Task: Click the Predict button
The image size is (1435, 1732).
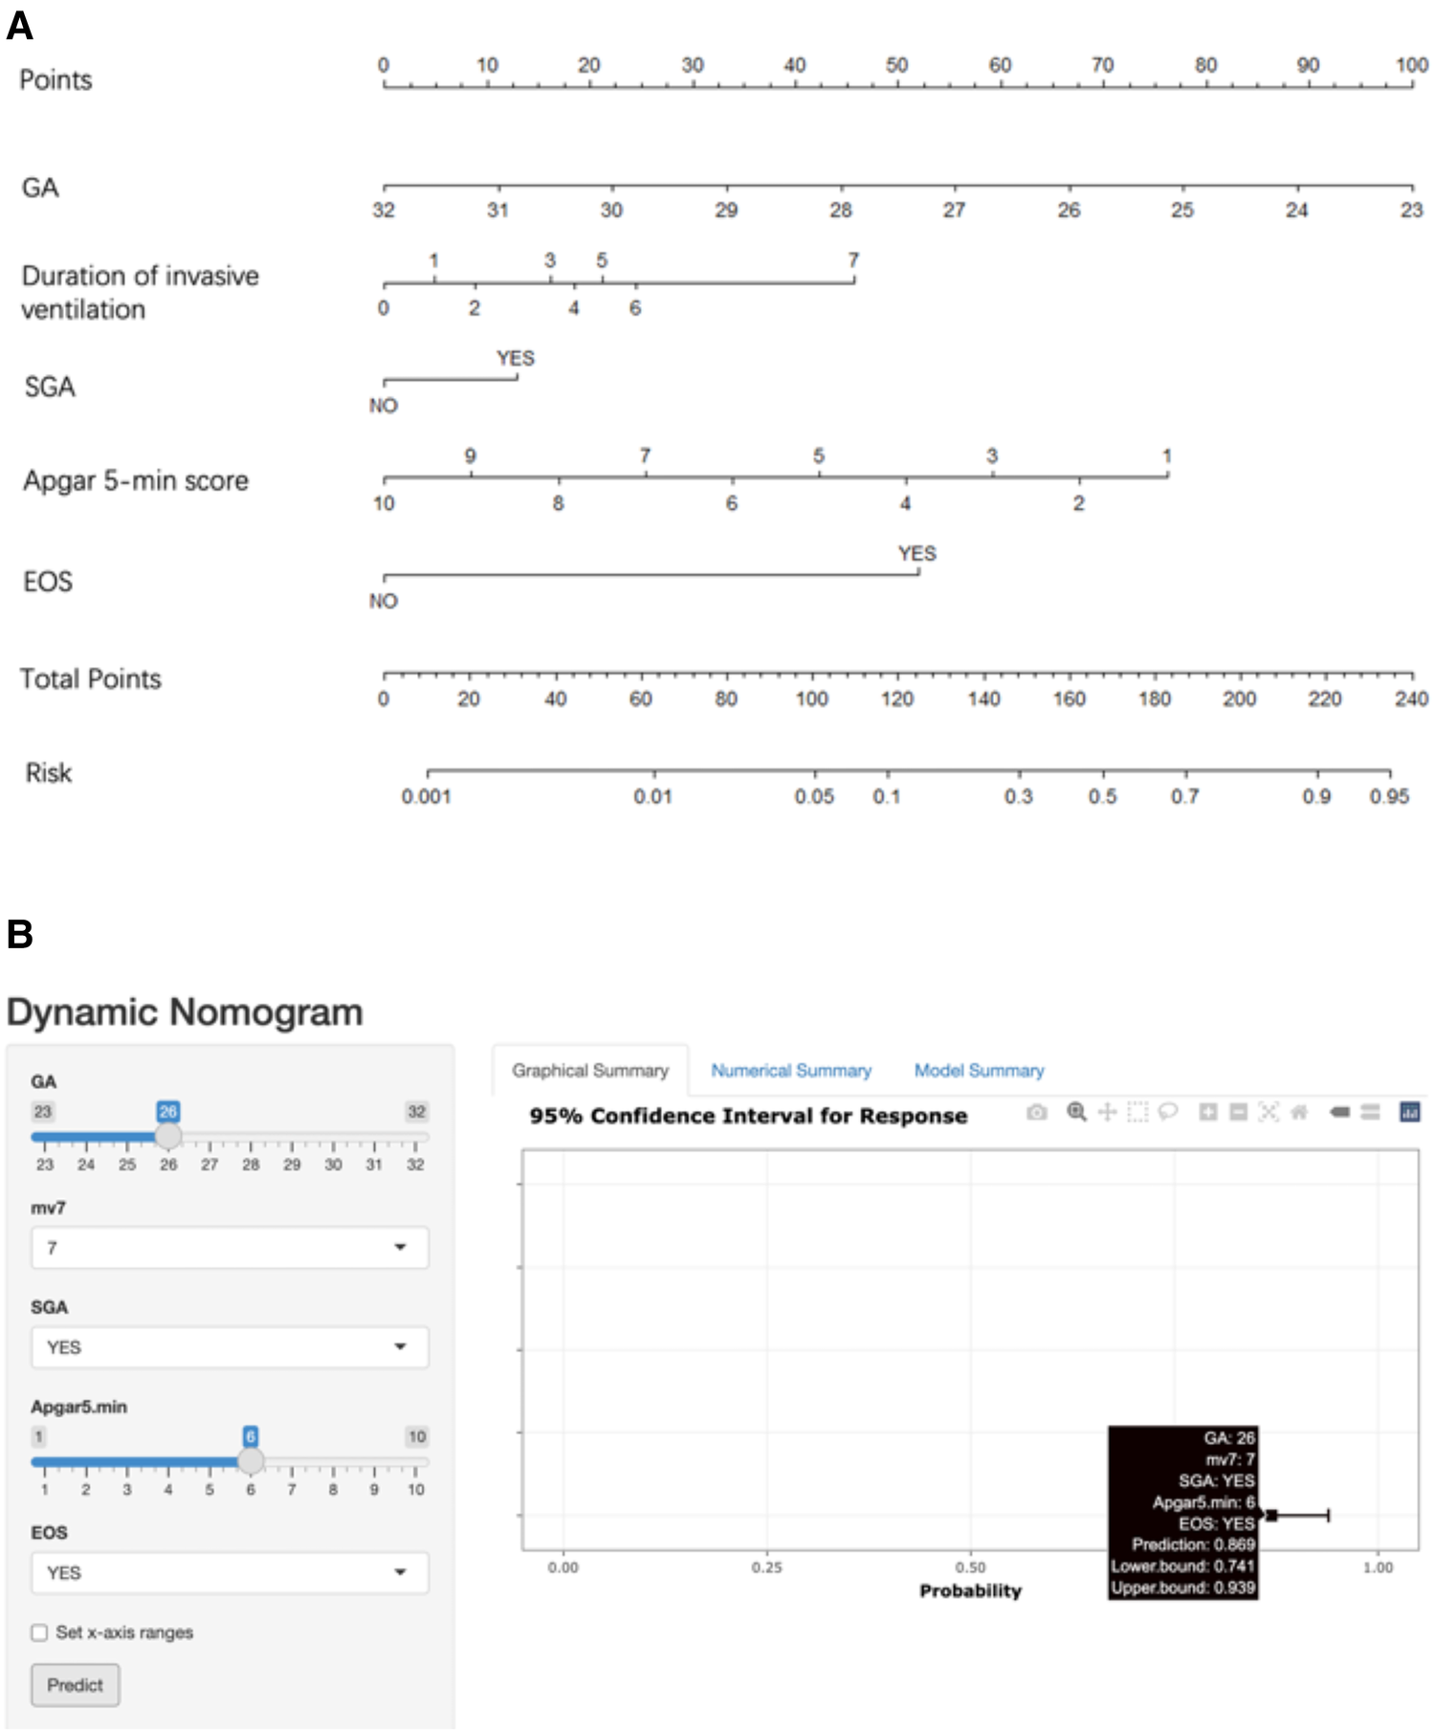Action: (x=75, y=1685)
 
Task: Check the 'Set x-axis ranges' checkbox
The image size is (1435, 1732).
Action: (x=39, y=1632)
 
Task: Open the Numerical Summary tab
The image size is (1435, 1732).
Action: (x=790, y=1071)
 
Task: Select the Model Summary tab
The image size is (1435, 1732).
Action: (x=979, y=1071)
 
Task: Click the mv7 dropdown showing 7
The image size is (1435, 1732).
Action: (x=230, y=1248)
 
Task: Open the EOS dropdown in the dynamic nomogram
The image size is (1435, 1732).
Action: (x=230, y=1573)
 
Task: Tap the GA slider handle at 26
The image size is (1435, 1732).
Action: (x=168, y=1136)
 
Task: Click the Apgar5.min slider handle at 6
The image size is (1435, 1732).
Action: (x=251, y=1461)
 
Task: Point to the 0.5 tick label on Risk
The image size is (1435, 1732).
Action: (x=1102, y=797)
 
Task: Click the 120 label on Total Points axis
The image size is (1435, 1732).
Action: (x=896, y=699)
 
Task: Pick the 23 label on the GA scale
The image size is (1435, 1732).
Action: (x=1411, y=211)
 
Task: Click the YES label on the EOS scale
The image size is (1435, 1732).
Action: (x=916, y=554)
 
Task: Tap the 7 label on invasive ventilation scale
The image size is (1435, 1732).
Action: (x=853, y=260)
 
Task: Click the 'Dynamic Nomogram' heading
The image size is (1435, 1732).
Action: (x=185, y=1012)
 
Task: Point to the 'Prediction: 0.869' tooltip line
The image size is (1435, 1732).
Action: (x=1192, y=1544)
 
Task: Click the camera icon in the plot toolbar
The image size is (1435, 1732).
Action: (x=1036, y=1112)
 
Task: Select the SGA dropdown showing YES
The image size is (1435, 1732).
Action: (x=230, y=1347)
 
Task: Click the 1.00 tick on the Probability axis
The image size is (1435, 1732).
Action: (x=1378, y=1567)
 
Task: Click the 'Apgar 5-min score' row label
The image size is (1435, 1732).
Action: (x=136, y=480)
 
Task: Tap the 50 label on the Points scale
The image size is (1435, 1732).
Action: (x=896, y=65)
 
